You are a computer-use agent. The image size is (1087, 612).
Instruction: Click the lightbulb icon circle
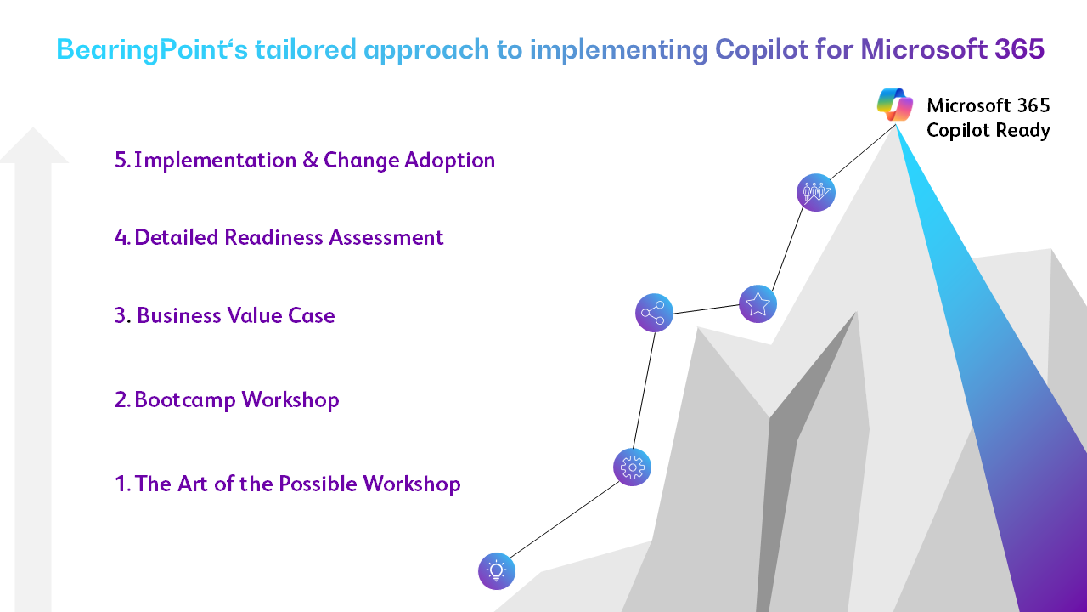497,571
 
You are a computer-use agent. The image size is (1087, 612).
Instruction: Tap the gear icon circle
633,467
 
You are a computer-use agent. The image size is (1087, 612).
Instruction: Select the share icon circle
654,313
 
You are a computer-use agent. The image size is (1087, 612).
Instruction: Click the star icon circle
758,304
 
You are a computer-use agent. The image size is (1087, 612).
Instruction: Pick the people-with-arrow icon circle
816,192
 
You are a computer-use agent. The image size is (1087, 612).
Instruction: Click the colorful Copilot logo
895,105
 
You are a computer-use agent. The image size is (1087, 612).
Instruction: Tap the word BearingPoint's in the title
152,49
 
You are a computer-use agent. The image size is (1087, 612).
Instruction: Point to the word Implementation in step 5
215,160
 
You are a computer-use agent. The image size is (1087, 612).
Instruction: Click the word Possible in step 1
318,484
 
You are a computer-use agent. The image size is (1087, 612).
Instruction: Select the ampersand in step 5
310,160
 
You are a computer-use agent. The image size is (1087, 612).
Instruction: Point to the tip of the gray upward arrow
33,127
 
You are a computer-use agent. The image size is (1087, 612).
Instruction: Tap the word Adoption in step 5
450,161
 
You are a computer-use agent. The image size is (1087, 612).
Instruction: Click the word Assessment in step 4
386,237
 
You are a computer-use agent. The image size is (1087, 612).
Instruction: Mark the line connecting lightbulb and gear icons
565,519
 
